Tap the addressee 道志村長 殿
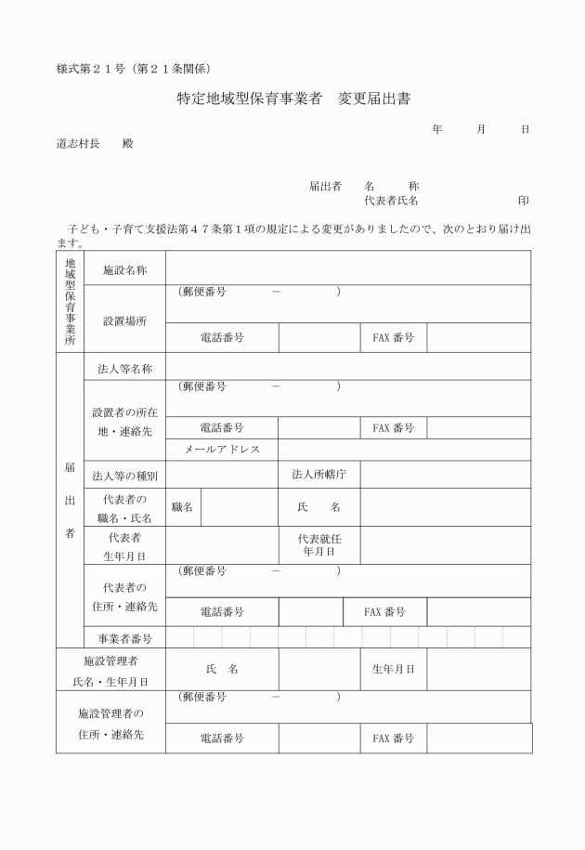94,144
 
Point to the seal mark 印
524,200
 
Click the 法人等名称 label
124,368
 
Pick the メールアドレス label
222,449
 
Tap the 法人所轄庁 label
318,475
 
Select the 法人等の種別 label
124,476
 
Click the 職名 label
182,507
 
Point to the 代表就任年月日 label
318,544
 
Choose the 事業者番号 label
124,638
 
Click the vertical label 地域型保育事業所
70,301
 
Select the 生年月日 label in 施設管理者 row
393,669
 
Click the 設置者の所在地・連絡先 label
124,421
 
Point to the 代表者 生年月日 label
124,546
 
